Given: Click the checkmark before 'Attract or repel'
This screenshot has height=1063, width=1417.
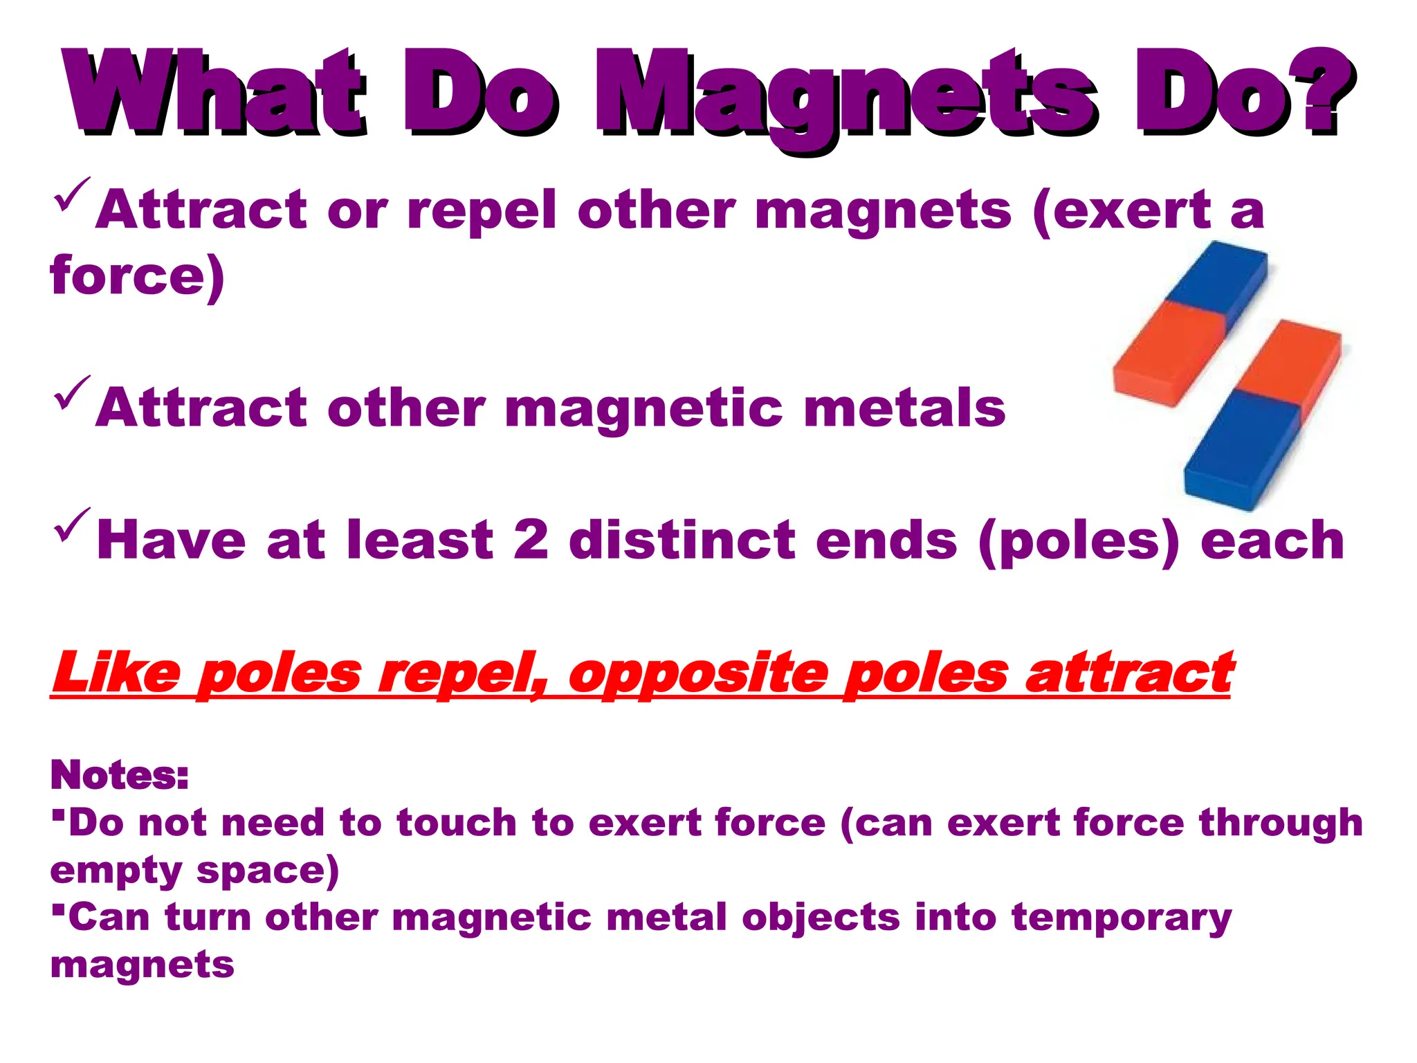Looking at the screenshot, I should click(71, 195).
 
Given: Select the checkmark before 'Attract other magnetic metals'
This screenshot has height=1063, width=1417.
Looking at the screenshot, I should click(71, 393).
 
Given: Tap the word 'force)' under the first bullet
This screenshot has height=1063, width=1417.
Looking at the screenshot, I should click(137, 275).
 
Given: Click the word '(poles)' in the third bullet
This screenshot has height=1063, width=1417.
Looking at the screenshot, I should click(1079, 541).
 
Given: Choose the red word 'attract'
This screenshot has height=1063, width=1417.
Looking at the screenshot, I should click(1129, 671).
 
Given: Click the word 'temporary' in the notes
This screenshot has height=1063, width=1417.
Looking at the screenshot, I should click(1121, 919).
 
